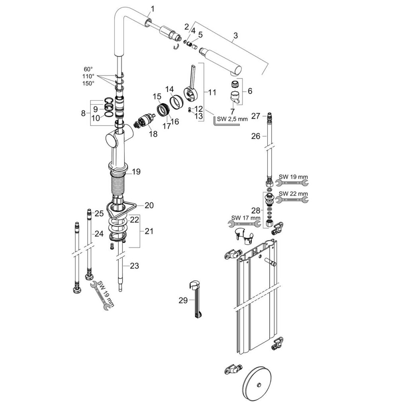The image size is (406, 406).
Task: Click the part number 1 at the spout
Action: [x=153, y=8]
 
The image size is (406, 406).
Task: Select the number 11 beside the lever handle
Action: [x=212, y=92]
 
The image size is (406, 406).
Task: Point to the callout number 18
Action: [x=153, y=134]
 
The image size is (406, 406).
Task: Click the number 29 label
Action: [x=183, y=301]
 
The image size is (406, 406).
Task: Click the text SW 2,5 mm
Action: [x=232, y=119]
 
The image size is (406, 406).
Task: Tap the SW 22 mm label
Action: [x=293, y=193]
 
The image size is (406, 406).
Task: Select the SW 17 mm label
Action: [x=246, y=218]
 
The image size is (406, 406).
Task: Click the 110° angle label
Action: [x=88, y=76]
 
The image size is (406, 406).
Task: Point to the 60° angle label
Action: [x=88, y=68]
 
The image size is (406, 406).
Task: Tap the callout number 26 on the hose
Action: [x=256, y=136]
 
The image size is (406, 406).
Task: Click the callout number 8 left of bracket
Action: [x=83, y=113]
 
